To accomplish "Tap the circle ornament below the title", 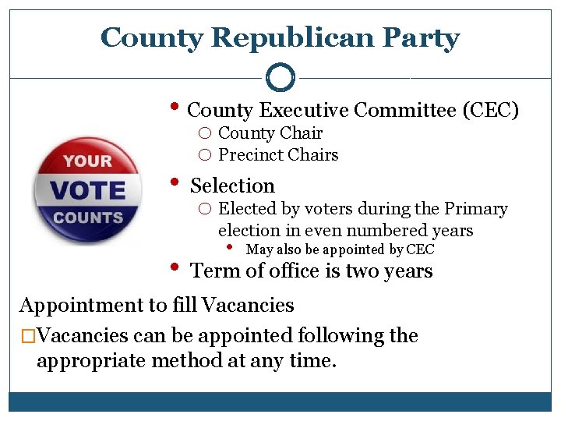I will click(280, 77).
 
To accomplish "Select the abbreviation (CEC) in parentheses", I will click(490, 111).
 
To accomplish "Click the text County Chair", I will click(270, 133).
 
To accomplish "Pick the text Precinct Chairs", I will click(278, 154).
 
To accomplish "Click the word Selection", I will click(232, 186).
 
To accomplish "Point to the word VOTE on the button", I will click(89, 189).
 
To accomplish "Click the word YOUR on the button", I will click(88, 161).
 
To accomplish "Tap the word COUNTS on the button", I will click(88, 218).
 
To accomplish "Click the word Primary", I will click(475, 209).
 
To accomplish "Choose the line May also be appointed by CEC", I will click(340, 249).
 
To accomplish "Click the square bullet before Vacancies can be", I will click(27, 337).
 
